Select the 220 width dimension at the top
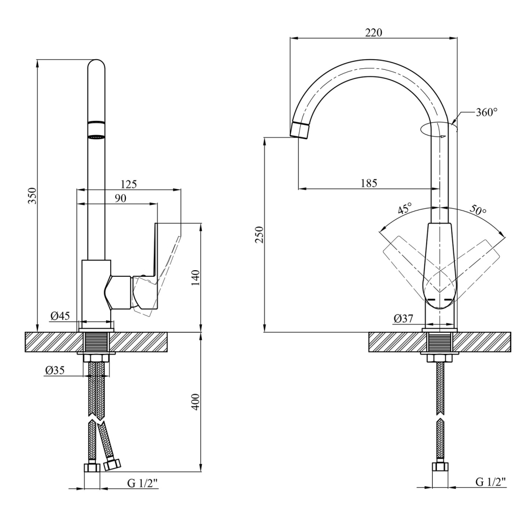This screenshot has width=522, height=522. (374, 33)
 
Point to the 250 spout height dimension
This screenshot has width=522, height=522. (259, 234)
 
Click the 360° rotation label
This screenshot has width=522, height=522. (486, 112)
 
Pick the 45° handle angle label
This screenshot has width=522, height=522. (405, 208)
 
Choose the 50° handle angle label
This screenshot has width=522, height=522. (478, 209)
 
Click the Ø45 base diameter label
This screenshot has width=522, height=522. (60, 316)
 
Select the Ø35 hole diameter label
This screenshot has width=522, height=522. (55, 371)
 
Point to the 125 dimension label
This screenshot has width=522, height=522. (128, 184)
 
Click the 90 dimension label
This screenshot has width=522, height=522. (120, 198)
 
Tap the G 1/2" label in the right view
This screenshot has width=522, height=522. (490, 481)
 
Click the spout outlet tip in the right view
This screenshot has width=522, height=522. (300, 130)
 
